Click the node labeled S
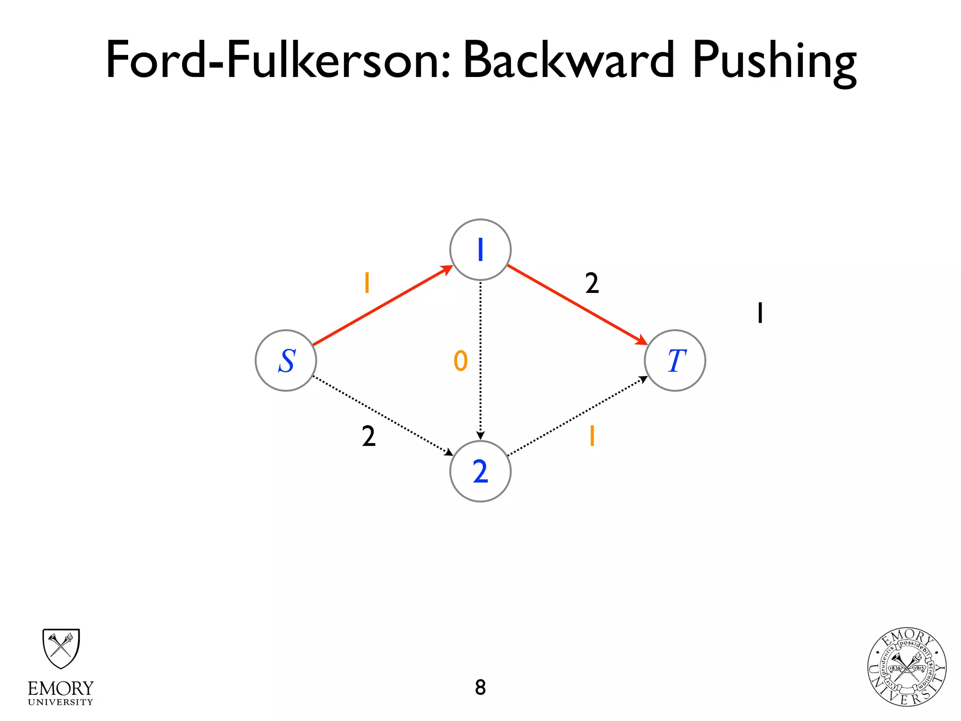286,360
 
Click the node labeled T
675,360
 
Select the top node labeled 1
480,250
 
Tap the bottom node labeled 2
480,471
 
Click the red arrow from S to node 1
382,306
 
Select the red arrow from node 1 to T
577,305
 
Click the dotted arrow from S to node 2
382,416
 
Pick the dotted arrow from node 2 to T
577,416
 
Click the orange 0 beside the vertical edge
460,361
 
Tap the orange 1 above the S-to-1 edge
367,283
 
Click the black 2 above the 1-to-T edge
592,284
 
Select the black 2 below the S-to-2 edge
369,436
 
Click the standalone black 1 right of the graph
760,313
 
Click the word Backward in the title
568,60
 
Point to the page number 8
480,687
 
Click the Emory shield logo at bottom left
61,649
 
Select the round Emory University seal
907,667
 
